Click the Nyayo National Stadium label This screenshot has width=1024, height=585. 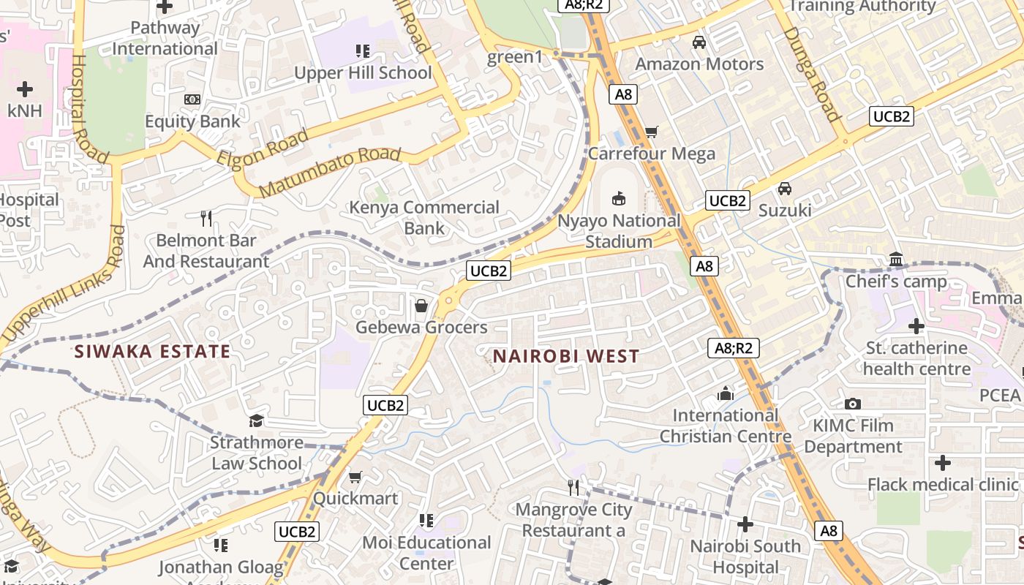pos(619,231)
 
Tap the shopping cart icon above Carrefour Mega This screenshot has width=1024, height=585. pos(651,132)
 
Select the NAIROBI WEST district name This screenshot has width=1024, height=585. pos(566,357)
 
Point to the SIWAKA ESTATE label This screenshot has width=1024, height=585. pos(152,352)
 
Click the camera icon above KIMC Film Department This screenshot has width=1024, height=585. pos(852,404)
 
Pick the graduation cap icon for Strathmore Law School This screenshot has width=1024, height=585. pos(256,420)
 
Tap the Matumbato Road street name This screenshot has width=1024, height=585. pos(330,173)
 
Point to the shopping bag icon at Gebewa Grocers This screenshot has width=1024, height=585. pos(421,306)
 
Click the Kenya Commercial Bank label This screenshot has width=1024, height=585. pos(424,217)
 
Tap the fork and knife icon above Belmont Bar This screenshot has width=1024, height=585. pos(206,218)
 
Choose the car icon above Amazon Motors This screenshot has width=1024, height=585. pos(699,42)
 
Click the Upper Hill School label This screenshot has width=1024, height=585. pos(363,73)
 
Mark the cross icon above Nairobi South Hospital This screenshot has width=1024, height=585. pos(745,524)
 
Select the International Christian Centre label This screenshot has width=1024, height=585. pos(726,426)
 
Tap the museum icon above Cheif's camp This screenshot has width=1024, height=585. pos(896,259)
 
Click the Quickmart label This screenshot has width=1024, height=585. pos(355,499)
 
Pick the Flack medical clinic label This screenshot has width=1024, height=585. pos(942,485)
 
